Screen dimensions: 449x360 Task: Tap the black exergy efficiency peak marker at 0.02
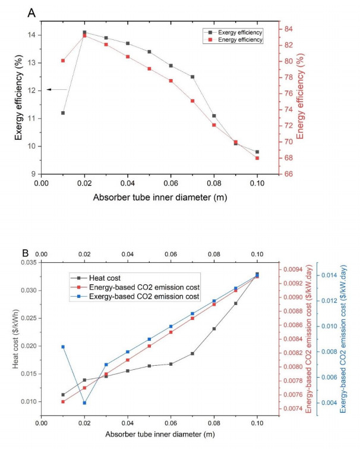84,32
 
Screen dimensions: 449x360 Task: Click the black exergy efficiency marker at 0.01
63,113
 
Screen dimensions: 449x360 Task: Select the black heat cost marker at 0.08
214,328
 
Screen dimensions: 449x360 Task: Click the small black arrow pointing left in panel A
49,89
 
